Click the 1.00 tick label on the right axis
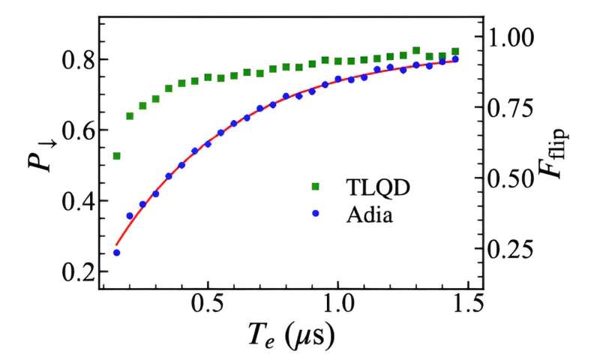click(512, 36)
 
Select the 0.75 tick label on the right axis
click(512, 107)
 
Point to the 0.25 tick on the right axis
click(512, 249)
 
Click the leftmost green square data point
click(116, 156)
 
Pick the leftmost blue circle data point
click(116, 253)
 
